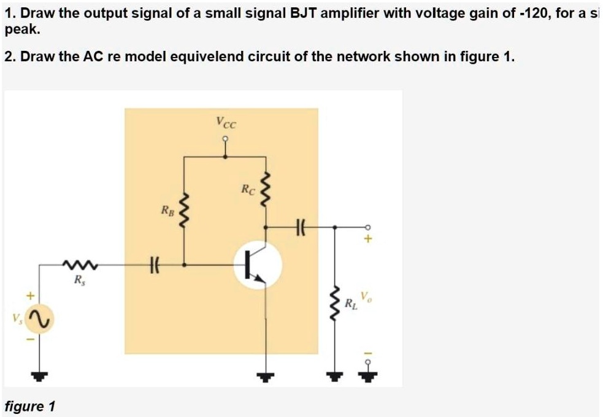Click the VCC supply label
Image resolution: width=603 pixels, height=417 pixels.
[x=225, y=122]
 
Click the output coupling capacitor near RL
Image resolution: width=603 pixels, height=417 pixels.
[x=301, y=227]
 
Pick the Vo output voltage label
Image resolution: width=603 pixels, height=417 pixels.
[x=365, y=298]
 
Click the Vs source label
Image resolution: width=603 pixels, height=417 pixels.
[x=13, y=318]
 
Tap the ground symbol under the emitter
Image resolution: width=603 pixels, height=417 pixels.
[x=265, y=375]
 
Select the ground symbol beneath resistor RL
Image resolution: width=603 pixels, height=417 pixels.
[x=335, y=375]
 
